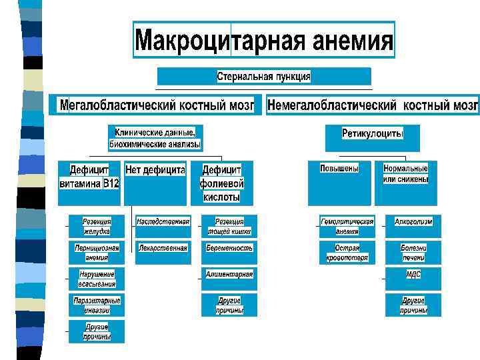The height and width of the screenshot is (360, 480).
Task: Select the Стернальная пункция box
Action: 264,77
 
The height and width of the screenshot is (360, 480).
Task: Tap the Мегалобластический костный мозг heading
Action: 157,105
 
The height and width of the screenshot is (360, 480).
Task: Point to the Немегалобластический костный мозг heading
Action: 373,105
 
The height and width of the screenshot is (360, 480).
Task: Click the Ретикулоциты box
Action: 372,134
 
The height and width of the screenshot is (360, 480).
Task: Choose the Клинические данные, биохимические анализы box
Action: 155,138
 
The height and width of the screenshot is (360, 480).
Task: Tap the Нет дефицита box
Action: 155,171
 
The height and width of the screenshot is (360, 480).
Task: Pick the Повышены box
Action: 339,169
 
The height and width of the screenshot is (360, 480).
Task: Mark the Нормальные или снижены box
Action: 405,174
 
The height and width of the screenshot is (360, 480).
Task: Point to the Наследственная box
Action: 163,222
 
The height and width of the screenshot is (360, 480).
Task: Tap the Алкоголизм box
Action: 413,222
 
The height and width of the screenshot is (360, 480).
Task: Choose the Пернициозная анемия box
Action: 97,253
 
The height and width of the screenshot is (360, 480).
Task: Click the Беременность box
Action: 229,248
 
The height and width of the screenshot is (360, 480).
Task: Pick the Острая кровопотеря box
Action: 347,253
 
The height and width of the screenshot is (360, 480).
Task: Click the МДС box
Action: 413,274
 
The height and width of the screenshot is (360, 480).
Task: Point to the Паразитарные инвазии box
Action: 97,305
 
